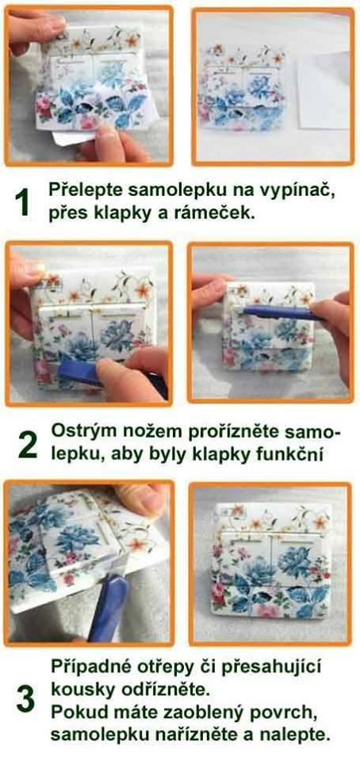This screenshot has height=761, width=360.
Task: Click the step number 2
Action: coord(27,446)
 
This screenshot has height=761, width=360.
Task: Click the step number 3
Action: coord(25,699)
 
